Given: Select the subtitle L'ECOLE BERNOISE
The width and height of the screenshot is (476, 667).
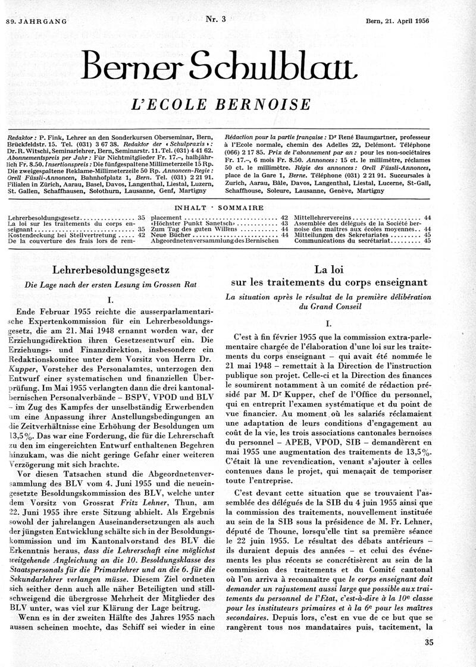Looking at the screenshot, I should [237, 105].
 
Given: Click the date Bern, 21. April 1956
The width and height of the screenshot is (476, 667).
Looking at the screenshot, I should [397, 21].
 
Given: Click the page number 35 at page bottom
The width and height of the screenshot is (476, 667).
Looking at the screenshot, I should [430, 641].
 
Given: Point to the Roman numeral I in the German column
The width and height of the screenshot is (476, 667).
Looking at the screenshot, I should [111, 300].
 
